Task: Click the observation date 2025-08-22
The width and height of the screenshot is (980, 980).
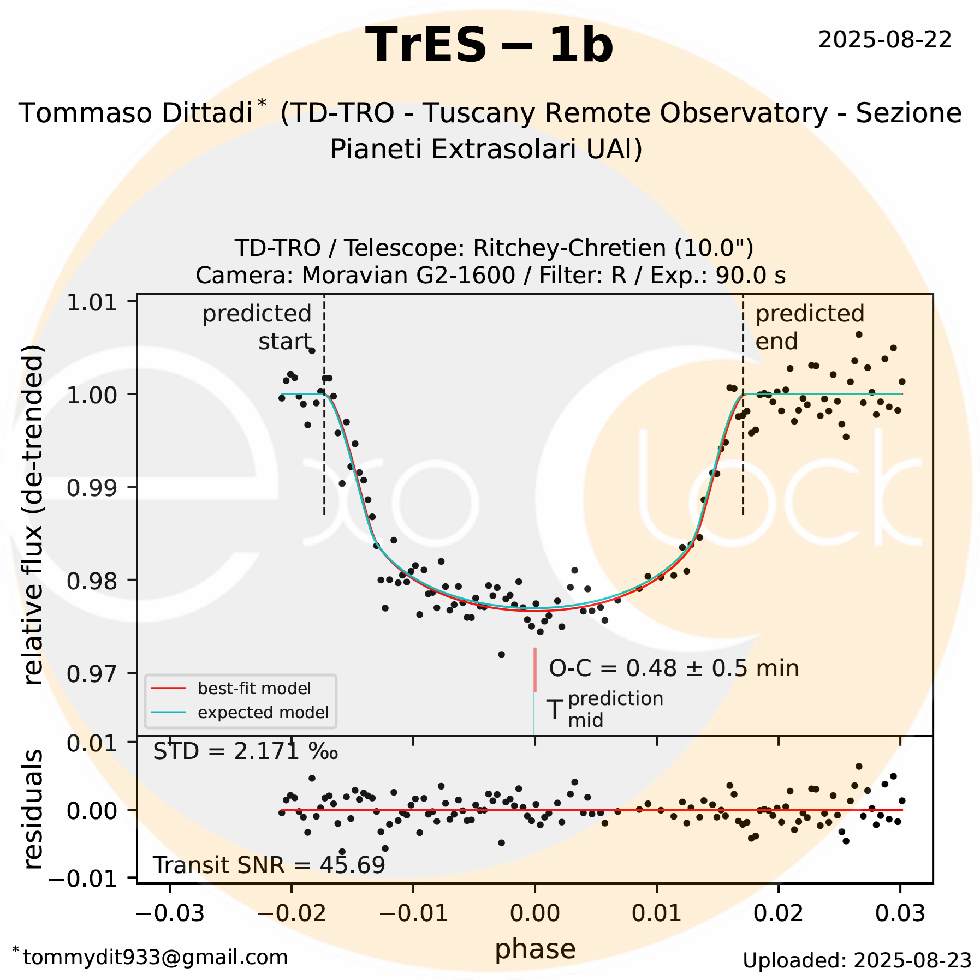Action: coord(884,40)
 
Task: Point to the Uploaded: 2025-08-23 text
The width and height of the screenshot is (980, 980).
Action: coord(857,960)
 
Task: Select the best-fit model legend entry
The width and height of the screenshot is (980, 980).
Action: coord(254,689)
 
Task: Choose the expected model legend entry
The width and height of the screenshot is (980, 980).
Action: coord(263,713)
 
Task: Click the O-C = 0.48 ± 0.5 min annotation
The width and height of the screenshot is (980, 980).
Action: coord(673,668)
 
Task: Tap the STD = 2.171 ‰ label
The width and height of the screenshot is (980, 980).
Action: coord(245,752)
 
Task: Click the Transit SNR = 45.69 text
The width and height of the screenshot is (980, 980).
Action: coord(269,865)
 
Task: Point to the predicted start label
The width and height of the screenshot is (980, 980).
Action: coord(257,327)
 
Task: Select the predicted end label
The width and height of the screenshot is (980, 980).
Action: coord(809,327)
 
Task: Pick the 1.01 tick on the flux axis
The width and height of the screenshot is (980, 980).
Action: coord(92,302)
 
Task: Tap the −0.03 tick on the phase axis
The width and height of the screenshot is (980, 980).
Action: coord(169,912)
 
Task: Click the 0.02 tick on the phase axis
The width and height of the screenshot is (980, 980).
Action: coord(778,912)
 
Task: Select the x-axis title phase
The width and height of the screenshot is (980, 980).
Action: coord(535,949)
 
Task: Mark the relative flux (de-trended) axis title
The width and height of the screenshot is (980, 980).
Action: coord(34,516)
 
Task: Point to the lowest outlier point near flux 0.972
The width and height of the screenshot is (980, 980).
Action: coord(501,654)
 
